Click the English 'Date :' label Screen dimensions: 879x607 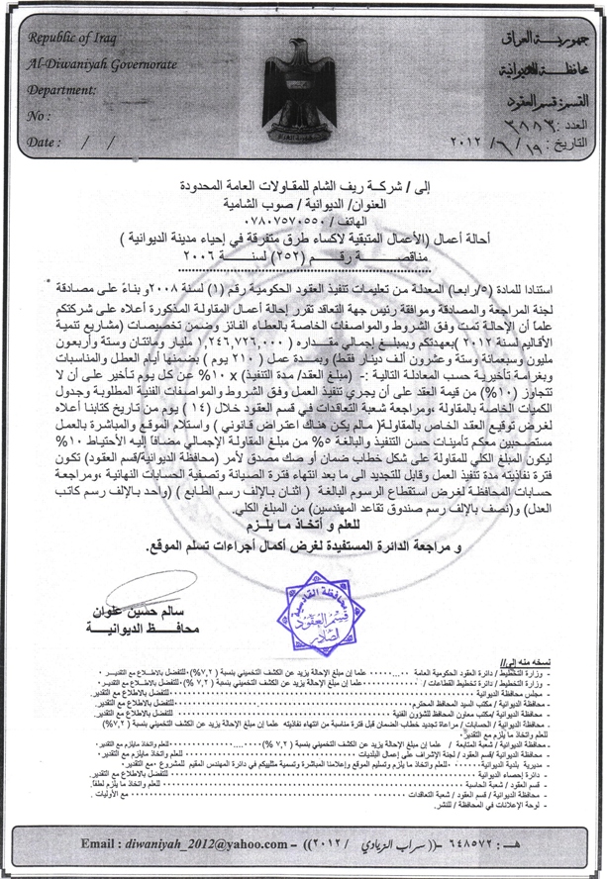pyautogui.click(x=46, y=142)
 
